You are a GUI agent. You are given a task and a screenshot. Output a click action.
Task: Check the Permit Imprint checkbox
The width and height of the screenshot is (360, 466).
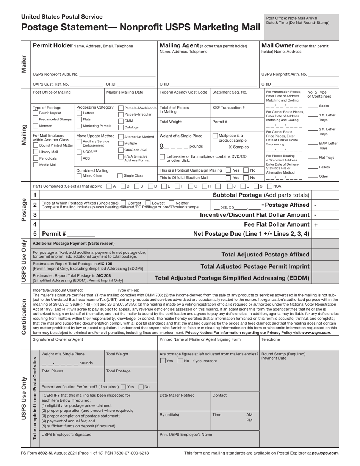(36, 113)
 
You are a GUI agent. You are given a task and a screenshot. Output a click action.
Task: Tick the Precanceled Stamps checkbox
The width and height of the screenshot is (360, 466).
(36, 119)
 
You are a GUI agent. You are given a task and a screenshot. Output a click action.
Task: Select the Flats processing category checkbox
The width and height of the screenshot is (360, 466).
(79, 119)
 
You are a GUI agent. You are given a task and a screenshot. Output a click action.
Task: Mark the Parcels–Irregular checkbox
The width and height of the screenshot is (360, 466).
(121, 114)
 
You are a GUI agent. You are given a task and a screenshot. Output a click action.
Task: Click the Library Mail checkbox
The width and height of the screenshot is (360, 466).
(36, 152)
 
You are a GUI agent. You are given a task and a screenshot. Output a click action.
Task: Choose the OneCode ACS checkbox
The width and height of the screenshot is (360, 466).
(121, 150)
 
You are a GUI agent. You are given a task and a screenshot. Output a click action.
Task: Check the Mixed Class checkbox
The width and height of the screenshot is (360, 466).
(79, 176)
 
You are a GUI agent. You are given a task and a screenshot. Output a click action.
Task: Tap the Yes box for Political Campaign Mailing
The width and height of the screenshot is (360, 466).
(228, 170)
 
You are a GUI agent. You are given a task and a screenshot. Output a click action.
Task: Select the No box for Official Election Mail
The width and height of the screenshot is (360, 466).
(246, 177)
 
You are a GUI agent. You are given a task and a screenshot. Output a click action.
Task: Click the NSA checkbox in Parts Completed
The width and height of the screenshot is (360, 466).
(269, 186)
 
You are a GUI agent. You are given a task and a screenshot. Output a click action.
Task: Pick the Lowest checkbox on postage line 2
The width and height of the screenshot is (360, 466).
(148, 203)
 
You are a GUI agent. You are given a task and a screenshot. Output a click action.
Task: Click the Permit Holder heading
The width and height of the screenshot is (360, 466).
(53, 46)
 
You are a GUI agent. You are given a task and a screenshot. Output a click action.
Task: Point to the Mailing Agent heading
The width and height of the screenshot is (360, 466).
(179, 46)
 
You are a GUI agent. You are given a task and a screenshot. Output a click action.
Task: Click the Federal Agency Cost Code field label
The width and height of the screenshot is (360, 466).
(183, 92)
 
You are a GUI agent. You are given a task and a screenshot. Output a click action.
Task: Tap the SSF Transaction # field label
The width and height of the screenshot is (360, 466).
(229, 108)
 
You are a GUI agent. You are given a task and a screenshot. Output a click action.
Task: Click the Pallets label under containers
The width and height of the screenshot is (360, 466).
(324, 167)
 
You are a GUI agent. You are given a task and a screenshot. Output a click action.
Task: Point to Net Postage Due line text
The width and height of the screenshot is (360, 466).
(251, 234)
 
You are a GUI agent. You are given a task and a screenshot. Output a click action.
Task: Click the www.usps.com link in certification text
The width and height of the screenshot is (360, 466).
(316, 333)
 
